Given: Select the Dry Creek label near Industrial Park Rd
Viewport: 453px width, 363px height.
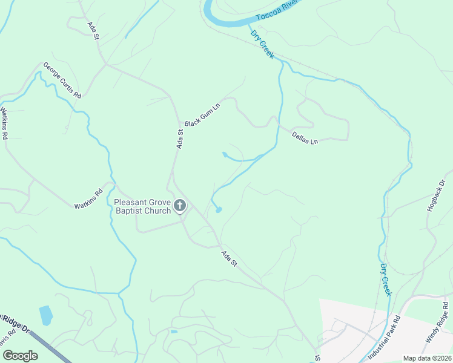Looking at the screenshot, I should tap(386, 279).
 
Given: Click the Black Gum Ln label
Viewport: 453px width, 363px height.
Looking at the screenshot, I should tap(202, 114).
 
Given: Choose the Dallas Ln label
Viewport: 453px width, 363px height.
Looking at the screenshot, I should tap(305, 138).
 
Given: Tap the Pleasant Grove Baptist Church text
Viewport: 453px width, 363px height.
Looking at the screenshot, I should tap(142, 206).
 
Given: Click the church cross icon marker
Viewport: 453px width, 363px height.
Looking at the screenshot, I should tap(179, 206).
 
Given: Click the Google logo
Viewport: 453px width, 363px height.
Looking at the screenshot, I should tap(20, 356).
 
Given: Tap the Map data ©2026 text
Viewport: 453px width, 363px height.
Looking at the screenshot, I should tap(426, 358).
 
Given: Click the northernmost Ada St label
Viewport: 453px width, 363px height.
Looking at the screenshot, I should tap(93, 31).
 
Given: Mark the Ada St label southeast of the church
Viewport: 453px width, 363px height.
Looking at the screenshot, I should tap(230, 260).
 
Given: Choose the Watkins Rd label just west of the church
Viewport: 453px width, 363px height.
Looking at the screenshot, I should tap(90, 198).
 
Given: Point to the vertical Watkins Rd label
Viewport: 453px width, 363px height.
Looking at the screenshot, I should tap(4, 123).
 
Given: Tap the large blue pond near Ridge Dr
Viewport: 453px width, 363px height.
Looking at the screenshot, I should tap(45, 315).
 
